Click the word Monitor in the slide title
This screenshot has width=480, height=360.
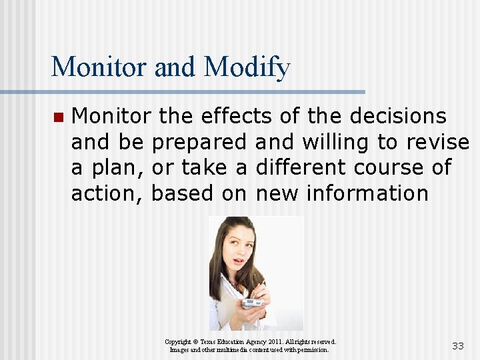[99, 67]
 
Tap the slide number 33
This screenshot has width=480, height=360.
[458, 346]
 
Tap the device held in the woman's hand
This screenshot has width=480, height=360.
[252, 303]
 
